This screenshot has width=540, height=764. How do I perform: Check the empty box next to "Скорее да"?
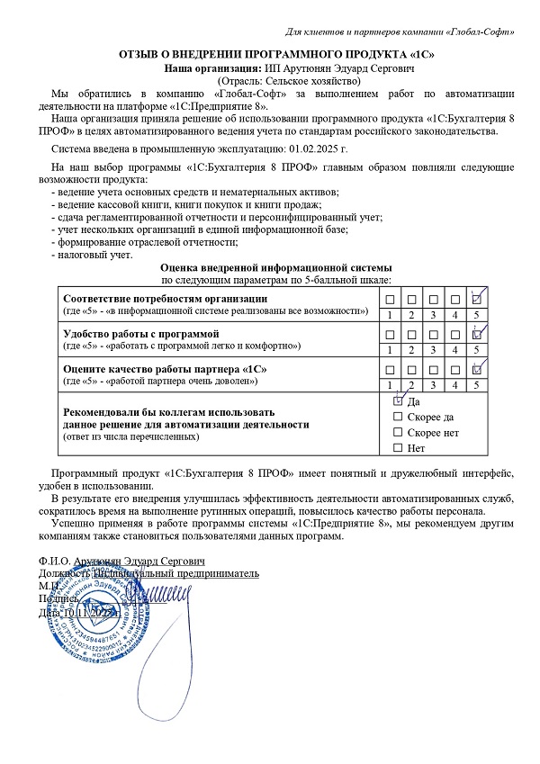point(399,417)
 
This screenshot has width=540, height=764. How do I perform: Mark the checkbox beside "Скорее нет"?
point(399,432)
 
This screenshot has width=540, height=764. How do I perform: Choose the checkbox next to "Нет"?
point(399,447)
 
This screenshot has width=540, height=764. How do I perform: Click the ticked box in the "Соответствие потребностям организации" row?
point(479,299)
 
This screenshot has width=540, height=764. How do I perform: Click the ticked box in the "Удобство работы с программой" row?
point(479,334)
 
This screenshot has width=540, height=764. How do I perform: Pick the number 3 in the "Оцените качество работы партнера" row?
point(433,384)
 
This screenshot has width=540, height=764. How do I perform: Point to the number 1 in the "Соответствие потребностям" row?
point(388,315)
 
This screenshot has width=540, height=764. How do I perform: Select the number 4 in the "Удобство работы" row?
point(456,349)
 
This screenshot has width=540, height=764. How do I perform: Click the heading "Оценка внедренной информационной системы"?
point(275,267)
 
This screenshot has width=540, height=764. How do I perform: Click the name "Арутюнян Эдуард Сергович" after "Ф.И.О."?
point(135,560)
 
